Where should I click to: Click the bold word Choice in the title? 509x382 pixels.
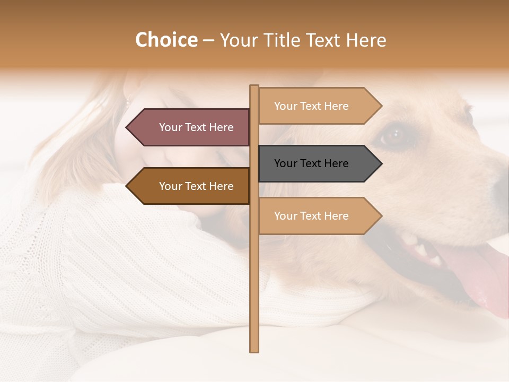166,40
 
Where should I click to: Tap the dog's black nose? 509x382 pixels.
501,186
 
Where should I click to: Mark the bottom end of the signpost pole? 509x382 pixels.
254,350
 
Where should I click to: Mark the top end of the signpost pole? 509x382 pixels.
254,86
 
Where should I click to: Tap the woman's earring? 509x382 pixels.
127,101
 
